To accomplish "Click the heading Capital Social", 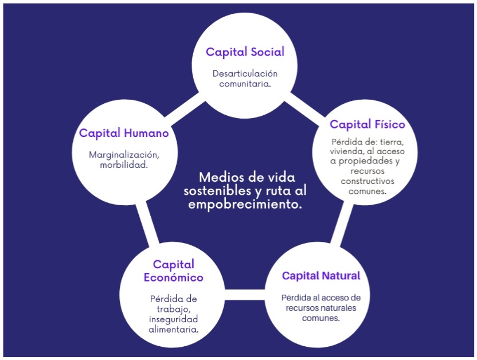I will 245,52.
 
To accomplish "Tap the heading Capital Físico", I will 367,124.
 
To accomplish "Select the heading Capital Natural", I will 321,276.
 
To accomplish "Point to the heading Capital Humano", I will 124,133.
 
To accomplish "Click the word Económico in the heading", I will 173,278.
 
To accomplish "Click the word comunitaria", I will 245,83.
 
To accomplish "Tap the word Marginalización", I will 124,155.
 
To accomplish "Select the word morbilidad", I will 124,165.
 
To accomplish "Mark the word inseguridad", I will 173,319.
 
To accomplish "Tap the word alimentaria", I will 173,329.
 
